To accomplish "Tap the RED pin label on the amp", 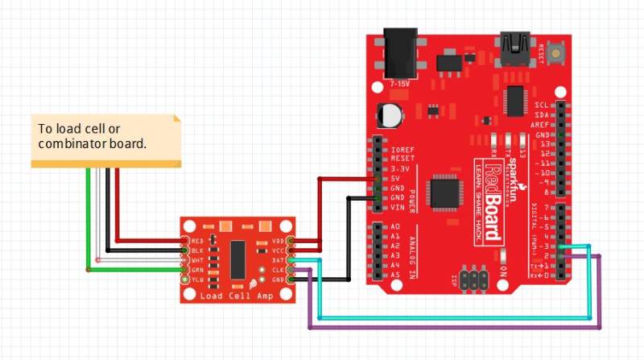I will tap(197, 241).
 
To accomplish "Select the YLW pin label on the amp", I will tap(197, 279).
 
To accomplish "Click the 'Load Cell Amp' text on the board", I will tap(233, 296).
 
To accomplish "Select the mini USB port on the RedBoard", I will tap(514, 44).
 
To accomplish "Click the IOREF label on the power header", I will tap(402, 149).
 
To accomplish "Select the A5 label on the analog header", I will tap(394, 274).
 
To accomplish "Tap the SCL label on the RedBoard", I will tap(543, 106).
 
